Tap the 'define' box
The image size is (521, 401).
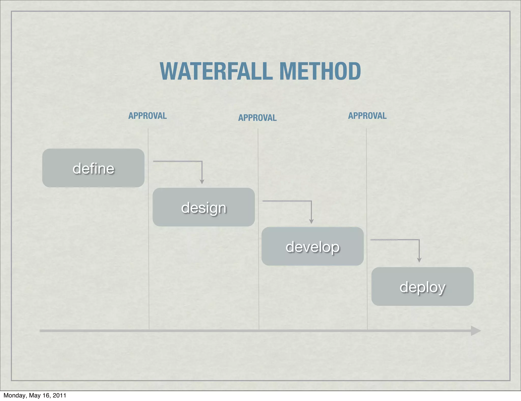pyautogui.click(x=93, y=168)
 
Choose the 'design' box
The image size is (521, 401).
pyautogui.click(x=204, y=207)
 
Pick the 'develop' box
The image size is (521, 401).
pyautogui.click(x=312, y=246)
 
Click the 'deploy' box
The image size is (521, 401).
pyautogui.click(x=422, y=287)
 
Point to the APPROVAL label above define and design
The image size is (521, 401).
pyautogui.click(x=148, y=116)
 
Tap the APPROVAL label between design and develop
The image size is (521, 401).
pyautogui.click(x=257, y=118)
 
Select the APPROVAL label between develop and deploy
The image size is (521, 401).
pyautogui.click(x=367, y=116)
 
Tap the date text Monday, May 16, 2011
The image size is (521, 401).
pyautogui.click(x=35, y=395)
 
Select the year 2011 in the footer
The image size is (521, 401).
pyautogui.click(x=59, y=395)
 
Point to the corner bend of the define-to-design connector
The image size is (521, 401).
pyautogui.click(x=202, y=161)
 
